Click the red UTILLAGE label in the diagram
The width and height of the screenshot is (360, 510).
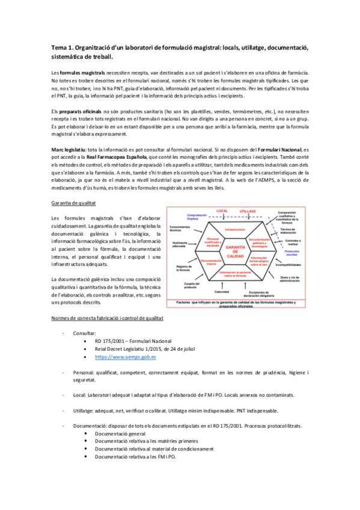pos(248,212)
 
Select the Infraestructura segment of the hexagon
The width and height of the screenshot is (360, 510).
pos(234,230)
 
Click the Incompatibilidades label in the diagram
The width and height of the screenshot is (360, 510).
pos(288,263)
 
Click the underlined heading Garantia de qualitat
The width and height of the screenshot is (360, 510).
pos(75,204)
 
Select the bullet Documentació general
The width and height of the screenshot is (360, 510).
pos(120,433)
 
